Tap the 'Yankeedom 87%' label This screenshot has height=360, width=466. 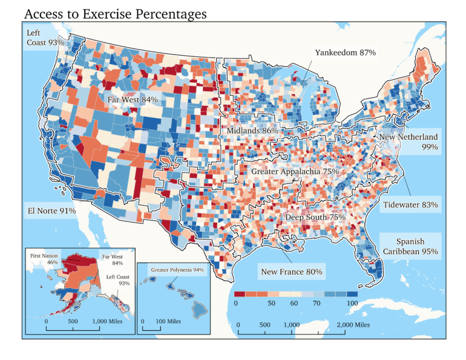[x=346, y=53]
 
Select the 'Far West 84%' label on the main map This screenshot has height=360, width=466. [x=133, y=99]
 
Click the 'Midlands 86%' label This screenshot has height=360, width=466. [x=252, y=130]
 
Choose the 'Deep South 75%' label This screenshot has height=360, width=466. [x=315, y=217]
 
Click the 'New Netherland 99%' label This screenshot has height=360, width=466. [x=409, y=142]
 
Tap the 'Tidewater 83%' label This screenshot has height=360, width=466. [x=410, y=205]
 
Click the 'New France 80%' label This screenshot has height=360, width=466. [x=292, y=272]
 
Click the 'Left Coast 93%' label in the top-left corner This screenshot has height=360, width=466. [x=45, y=38]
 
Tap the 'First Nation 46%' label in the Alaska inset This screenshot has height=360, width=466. [x=45, y=259]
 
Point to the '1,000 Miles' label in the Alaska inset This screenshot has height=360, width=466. [x=107, y=321]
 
